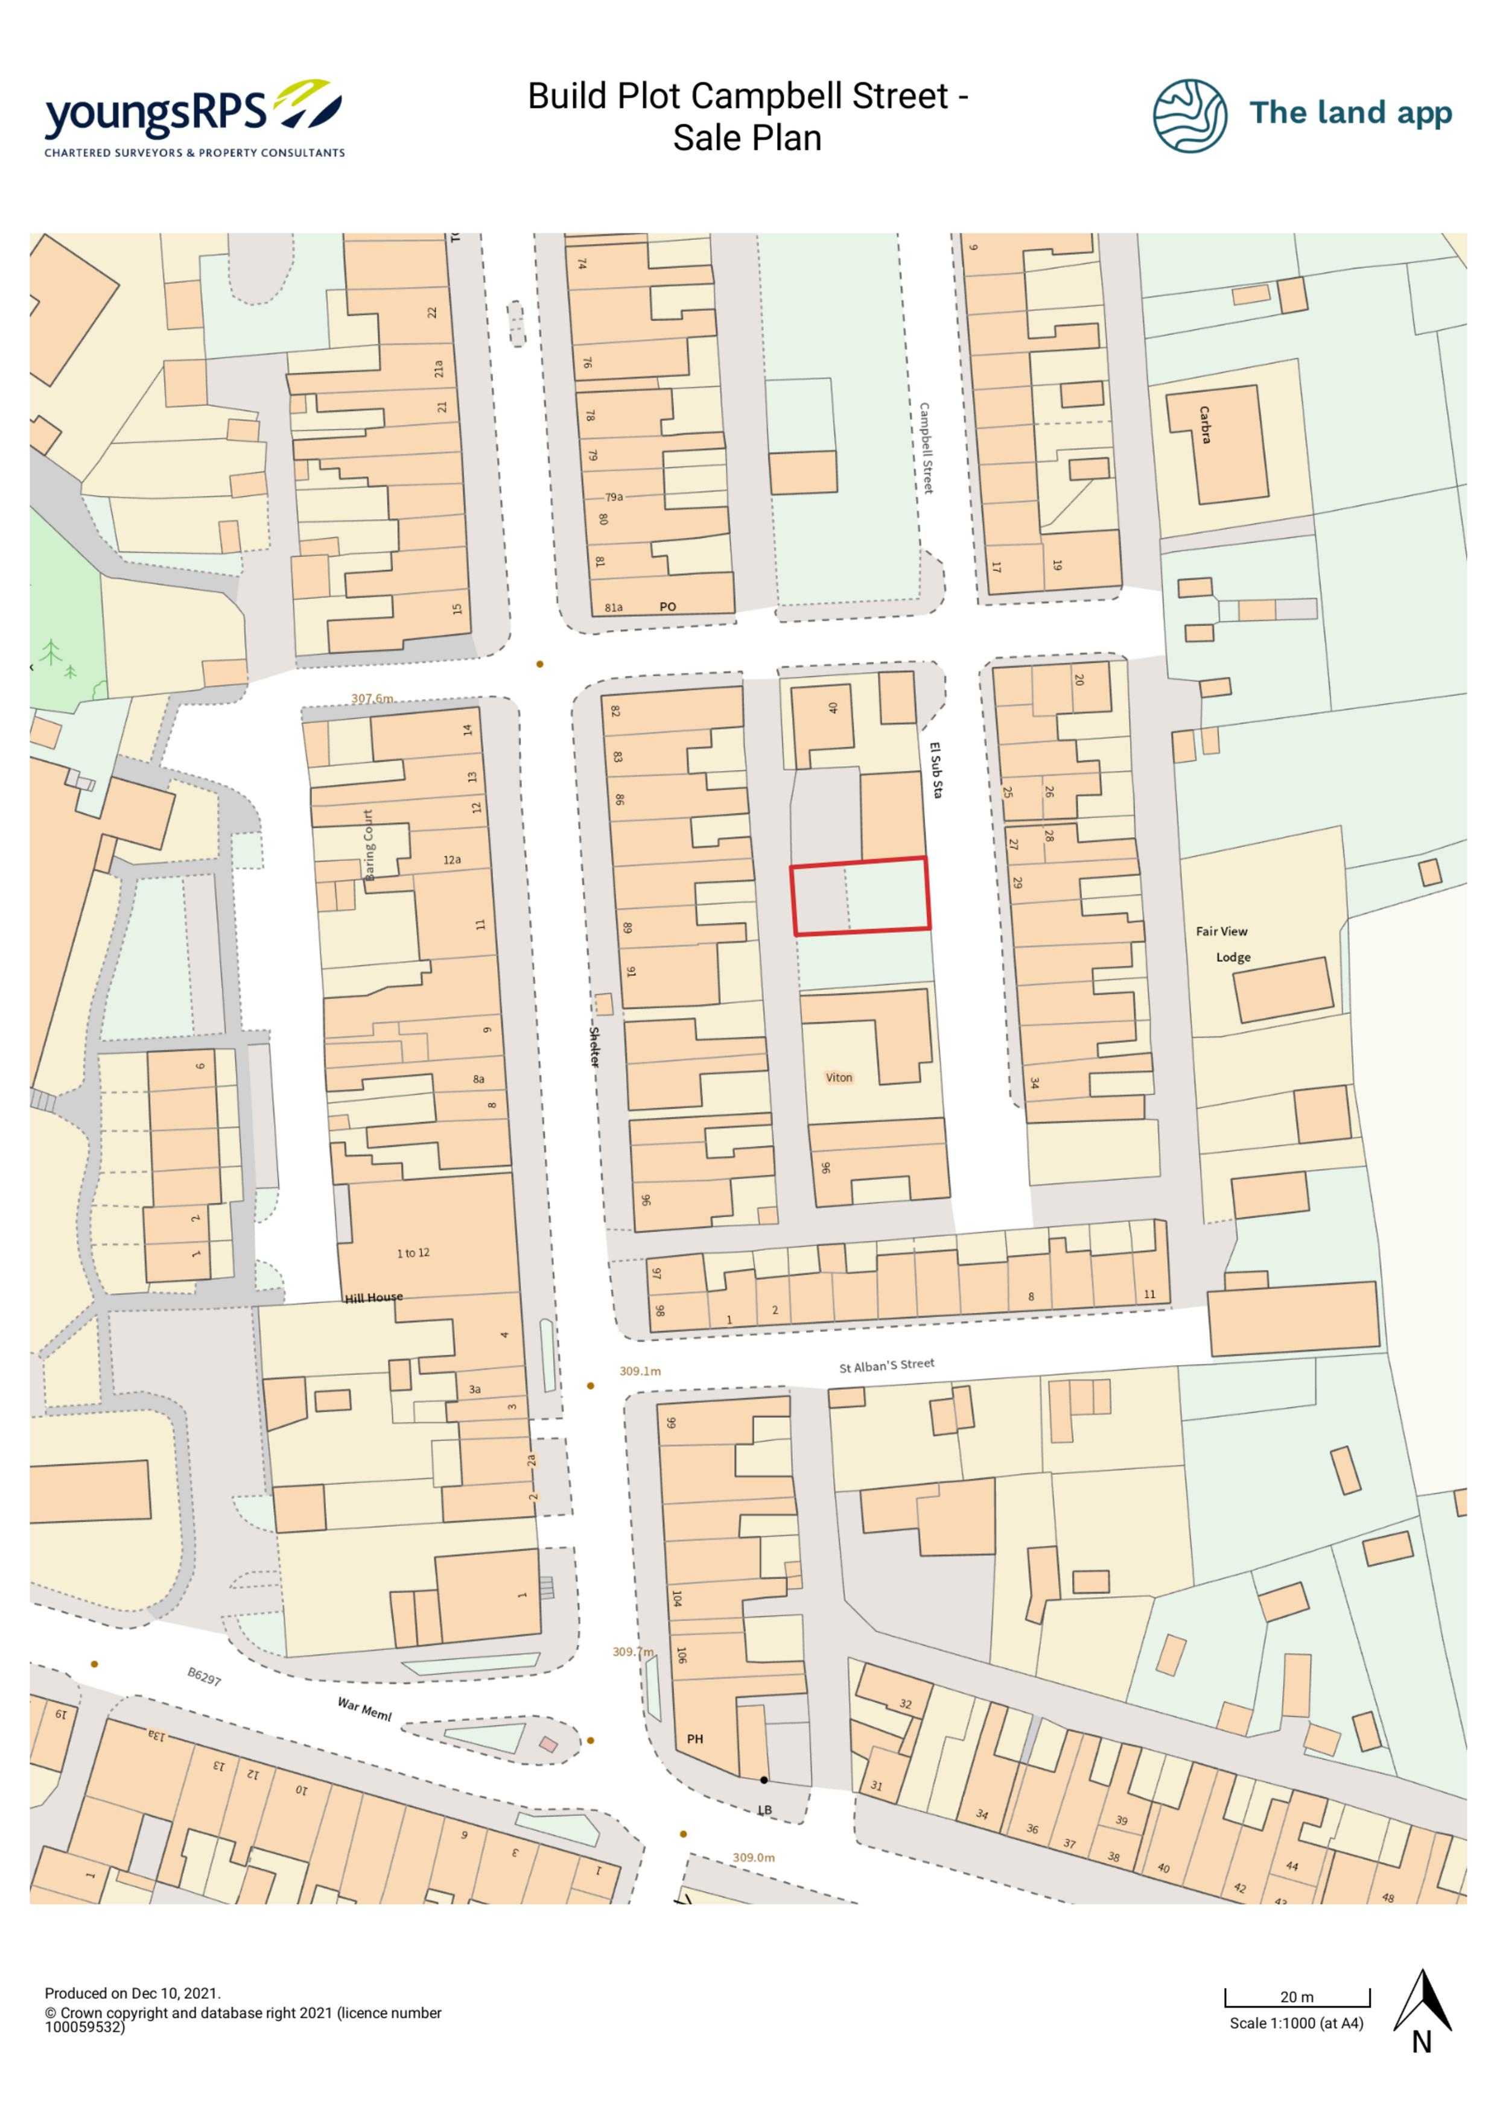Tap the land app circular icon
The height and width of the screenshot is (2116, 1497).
tap(1189, 115)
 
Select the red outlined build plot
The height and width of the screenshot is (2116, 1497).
tap(860, 896)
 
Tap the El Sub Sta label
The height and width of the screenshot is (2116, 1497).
tap(936, 770)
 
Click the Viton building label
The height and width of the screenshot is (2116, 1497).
tap(839, 1077)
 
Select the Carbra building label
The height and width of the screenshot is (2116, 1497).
tap(1205, 425)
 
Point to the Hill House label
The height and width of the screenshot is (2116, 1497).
tap(373, 1297)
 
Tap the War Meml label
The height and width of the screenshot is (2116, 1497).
tap(364, 1709)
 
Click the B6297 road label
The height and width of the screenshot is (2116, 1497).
tap(204, 1676)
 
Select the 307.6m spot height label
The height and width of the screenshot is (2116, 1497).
tap(372, 698)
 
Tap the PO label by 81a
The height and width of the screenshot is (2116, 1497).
tap(667, 606)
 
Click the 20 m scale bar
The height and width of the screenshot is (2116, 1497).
tap(1297, 1997)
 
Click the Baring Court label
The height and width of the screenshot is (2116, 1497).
tap(369, 845)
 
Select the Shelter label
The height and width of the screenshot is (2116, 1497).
tap(594, 1047)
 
